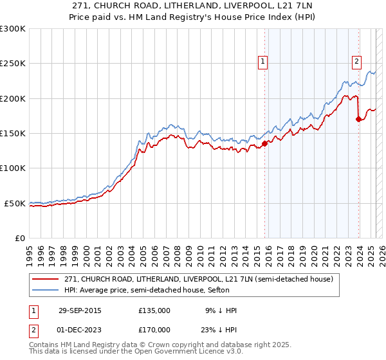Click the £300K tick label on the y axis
[x=13, y=29]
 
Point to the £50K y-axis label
[x=15, y=203]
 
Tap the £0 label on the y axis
[x=20, y=238]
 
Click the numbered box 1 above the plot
[x=263, y=62]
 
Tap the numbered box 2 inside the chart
[x=356, y=62]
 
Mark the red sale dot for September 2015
[x=265, y=144]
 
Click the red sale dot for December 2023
[x=358, y=119]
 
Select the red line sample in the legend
[x=46, y=280]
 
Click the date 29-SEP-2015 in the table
[x=79, y=310]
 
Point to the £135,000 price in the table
[x=154, y=310]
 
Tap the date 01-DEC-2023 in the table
[x=79, y=329]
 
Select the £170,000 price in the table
[x=154, y=329]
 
